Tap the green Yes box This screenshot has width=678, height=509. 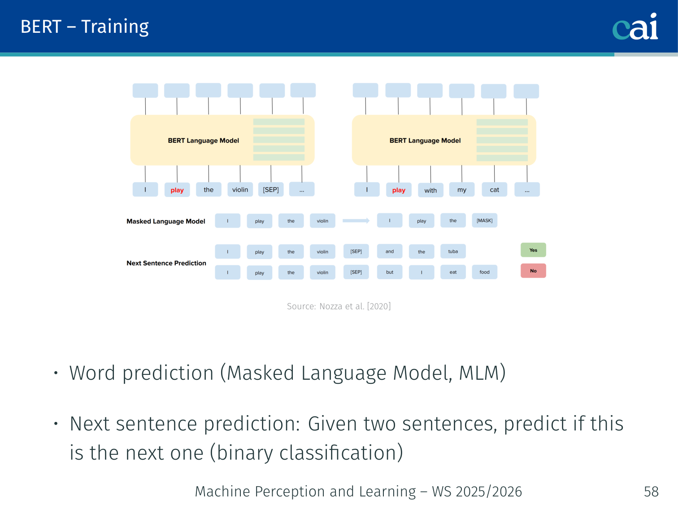point(533,250)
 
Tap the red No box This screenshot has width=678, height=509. point(533,271)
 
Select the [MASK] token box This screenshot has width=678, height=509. point(484,220)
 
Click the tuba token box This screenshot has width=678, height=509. point(453,251)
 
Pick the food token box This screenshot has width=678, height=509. point(484,272)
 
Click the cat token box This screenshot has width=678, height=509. point(494,189)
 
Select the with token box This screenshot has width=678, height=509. point(430,190)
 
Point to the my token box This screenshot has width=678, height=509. point(461,189)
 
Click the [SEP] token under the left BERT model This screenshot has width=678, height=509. point(270,189)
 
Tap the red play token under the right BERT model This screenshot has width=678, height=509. point(399,190)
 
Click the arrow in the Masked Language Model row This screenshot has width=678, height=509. point(356,221)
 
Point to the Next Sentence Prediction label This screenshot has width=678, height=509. point(166,263)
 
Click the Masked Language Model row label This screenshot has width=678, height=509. point(166,221)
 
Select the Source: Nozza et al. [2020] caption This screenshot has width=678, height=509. point(339,306)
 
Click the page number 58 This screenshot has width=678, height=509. point(651,491)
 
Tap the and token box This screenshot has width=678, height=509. point(390,251)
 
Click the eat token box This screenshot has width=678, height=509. point(453,272)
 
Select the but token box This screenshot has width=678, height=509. point(390,272)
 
